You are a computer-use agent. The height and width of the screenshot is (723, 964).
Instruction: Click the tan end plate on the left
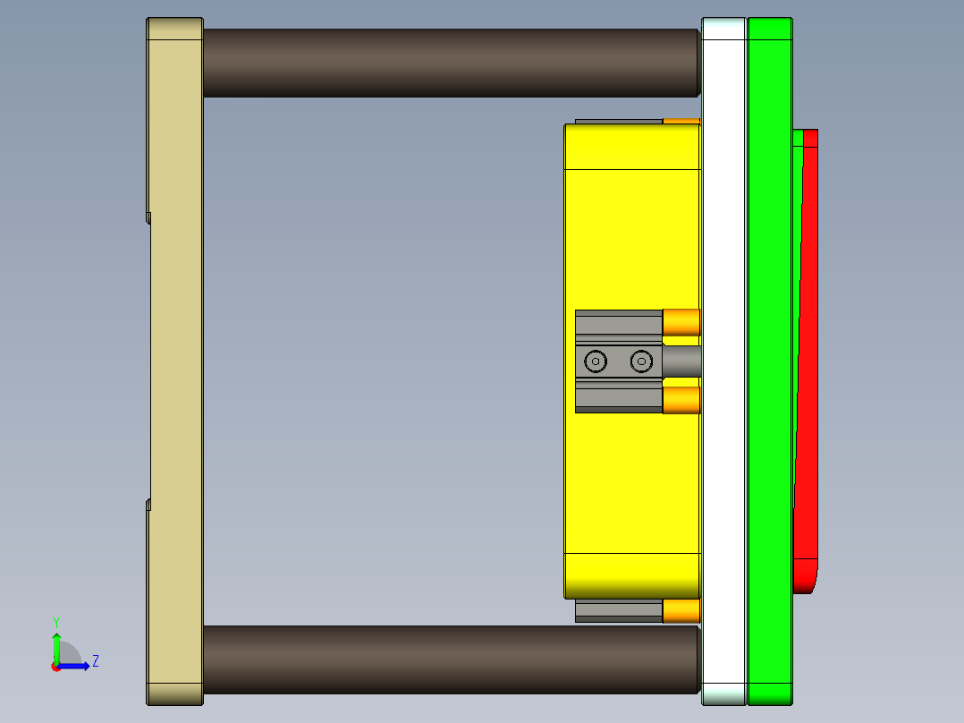pos(175,358)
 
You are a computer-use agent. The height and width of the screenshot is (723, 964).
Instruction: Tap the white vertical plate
pos(723,358)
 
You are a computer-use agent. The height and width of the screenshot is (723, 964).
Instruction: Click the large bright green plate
pos(769,358)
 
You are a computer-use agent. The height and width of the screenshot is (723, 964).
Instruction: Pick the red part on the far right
pos(807,358)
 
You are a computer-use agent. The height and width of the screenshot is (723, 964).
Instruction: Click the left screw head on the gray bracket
pos(596,361)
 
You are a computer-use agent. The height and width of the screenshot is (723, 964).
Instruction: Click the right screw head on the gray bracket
pos(641,361)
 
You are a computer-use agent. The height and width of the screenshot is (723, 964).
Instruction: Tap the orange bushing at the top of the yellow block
pos(681,121)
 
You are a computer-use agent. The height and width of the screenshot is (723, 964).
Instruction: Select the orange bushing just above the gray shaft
pos(681,322)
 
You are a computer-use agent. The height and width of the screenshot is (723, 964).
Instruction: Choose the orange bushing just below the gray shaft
pos(681,400)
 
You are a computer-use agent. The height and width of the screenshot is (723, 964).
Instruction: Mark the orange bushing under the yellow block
pos(681,610)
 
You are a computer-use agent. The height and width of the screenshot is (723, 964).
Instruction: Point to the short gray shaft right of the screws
pos(681,361)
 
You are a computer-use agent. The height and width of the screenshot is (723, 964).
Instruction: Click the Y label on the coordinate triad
pos(55,621)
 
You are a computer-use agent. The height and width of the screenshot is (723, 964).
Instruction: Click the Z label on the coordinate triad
pos(95,661)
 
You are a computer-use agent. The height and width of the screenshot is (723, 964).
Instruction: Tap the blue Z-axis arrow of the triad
pos(76,666)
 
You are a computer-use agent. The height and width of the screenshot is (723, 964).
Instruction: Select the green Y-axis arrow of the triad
pos(55,646)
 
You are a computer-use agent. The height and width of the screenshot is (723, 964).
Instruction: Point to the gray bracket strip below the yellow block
pos(618,611)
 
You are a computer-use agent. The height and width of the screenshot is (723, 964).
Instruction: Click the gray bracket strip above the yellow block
pos(618,122)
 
